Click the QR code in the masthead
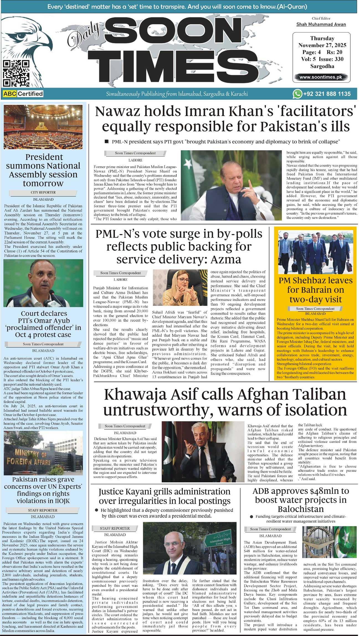coord(16,73)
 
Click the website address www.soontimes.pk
coord(321,77)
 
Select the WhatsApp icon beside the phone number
coord(297,94)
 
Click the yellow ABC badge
coord(10,94)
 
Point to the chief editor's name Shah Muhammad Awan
coord(321,24)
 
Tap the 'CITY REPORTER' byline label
coord(43,192)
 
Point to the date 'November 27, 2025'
coord(322,45)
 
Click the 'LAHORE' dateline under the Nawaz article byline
coord(135,160)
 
